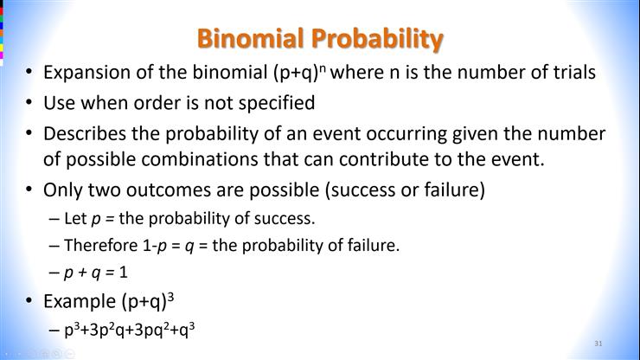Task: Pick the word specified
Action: pyautogui.click(x=274, y=104)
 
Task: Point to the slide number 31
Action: pyautogui.click(x=598, y=344)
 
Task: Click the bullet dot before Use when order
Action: pyautogui.click(x=29, y=104)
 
